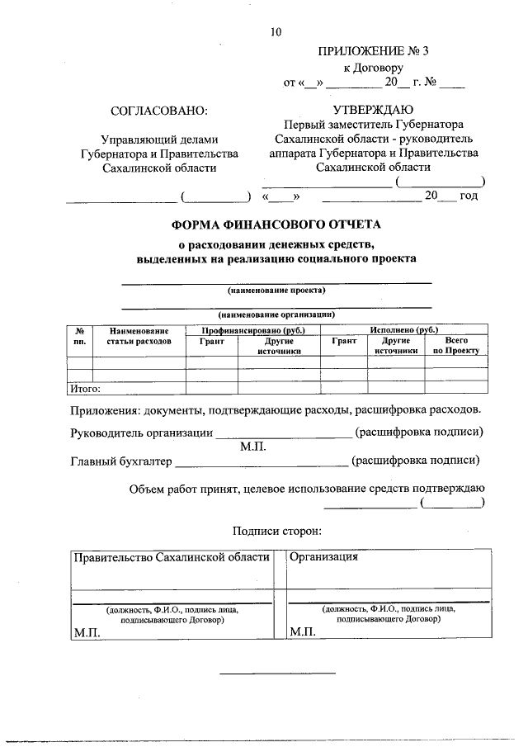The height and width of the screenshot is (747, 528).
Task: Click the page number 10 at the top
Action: (276, 32)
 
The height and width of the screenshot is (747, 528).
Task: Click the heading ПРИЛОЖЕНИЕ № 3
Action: (373, 51)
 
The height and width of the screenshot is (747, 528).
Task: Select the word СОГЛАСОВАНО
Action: (159, 110)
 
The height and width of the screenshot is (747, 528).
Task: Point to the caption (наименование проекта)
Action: (276, 291)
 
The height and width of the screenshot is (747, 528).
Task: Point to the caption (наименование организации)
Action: (276, 314)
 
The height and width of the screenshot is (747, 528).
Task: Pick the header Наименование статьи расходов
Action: (138, 335)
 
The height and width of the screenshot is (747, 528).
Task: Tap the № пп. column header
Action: (79, 335)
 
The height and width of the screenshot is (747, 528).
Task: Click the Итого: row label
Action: (84, 388)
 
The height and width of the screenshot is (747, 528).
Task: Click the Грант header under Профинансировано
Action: (211, 340)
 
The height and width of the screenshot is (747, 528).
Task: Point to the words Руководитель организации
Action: (140, 432)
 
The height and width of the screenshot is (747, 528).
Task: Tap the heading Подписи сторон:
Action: (276, 532)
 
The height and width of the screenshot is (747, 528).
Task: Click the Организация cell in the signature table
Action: (324, 556)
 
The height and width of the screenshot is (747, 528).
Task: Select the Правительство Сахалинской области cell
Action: (172, 556)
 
